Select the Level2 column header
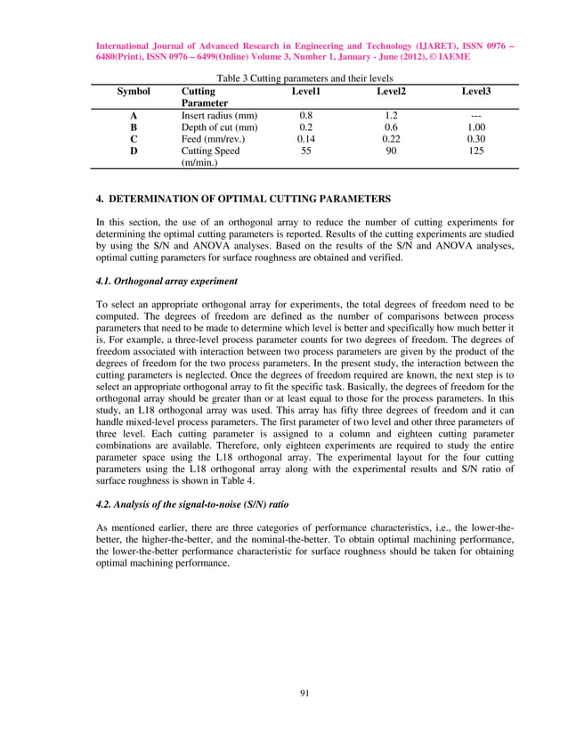point(391,92)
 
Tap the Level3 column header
point(476,92)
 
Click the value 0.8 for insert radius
point(306,116)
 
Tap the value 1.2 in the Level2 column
point(391,116)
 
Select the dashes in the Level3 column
point(476,116)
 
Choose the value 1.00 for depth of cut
point(476,127)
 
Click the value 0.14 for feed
point(306,139)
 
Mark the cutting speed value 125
point(476,151)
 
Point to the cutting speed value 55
point(306,151)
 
